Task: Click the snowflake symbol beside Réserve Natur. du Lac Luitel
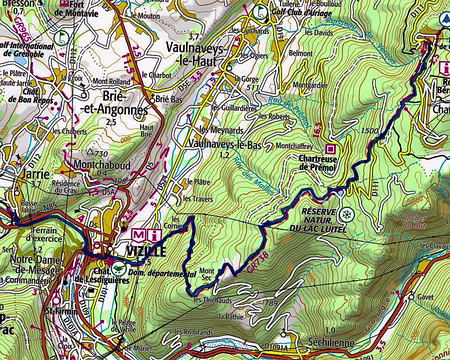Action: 346,214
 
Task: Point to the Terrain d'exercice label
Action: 47,235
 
